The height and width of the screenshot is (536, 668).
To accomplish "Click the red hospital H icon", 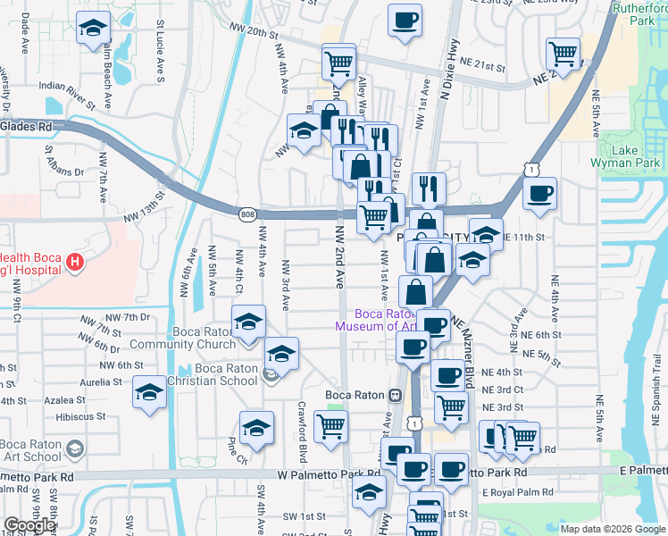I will (76, 263).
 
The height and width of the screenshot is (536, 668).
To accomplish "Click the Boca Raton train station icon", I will (394, 395).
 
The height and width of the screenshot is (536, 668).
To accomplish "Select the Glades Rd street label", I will (26, 127).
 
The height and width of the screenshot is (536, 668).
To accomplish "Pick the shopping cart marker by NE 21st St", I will (563, 54).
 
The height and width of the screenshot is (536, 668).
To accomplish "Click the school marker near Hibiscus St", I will (149, 392).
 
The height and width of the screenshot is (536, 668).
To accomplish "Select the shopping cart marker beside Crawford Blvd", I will (330, 427).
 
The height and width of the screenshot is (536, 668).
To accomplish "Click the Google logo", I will (29, 525).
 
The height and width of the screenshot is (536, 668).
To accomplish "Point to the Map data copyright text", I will (613, 529).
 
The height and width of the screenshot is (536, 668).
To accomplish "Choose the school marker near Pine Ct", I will (256, 428).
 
